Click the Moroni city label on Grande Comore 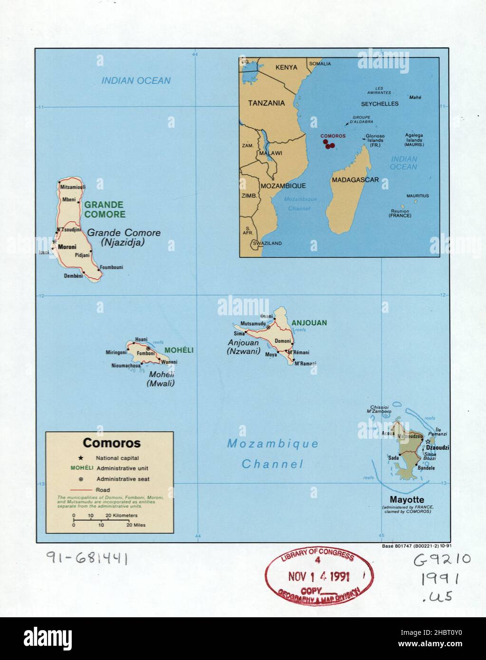[67, 246]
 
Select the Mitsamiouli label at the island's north [72, 187]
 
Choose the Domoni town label [283, 341]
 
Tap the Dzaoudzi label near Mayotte [438, 448]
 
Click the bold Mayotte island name [407, 500]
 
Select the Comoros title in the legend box [112, 443]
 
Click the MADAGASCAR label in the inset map [355, 180]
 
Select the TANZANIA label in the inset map [267, 103]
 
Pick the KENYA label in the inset [286, 67]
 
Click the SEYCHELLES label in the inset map [380, 104]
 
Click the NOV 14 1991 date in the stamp [319, 576]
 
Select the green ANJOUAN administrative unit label [309, 323]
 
